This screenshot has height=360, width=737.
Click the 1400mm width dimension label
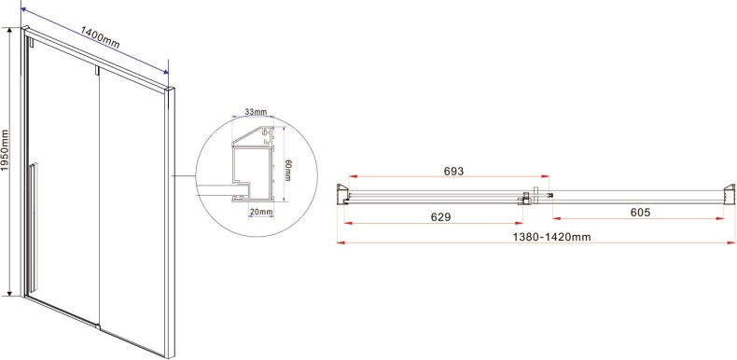pyautogui.click(x=100, y=37)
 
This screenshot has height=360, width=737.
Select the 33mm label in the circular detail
pyautogui.click(x=256, y=112)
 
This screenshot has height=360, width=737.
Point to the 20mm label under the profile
pyautogui.click(x=261, y=212)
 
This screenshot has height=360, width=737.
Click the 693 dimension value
pyautogui.click(x=453, y=171)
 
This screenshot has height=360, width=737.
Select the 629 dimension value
pyautogui.click(x=440, y=216)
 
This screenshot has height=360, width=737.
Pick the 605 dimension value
pyautogui.click(x=640, y=213)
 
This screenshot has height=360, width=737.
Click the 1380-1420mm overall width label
pyautogui.click(x=551, y=237)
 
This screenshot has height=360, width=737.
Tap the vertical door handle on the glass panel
pyautogui.click(x=33, y=228)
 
